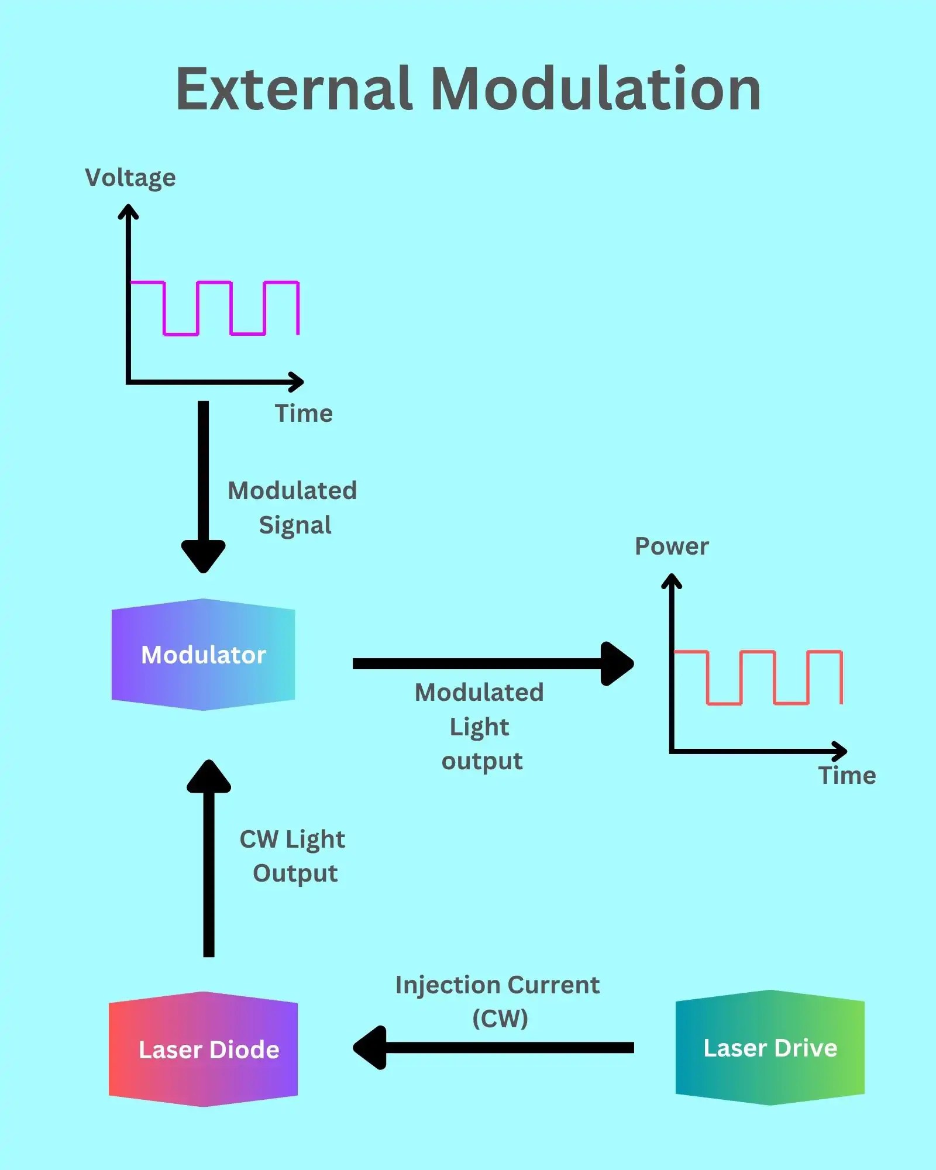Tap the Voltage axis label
tap(130, 178)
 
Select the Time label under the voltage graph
tap(304, 414)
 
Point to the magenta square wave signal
tap(214, 283)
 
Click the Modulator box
tap(203, 655)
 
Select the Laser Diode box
tap(203, 1049)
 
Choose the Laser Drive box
tap(770, 1048)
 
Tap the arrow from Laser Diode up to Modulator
tap(209, 860)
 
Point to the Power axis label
tap(672, 546)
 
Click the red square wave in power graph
tap(758, 651)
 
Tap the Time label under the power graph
tap(846, 776)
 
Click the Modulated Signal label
tap(292, 507)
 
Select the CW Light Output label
tap(292, 856)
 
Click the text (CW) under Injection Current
tap(500, 1018)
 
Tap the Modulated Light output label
tap(480, 727)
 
